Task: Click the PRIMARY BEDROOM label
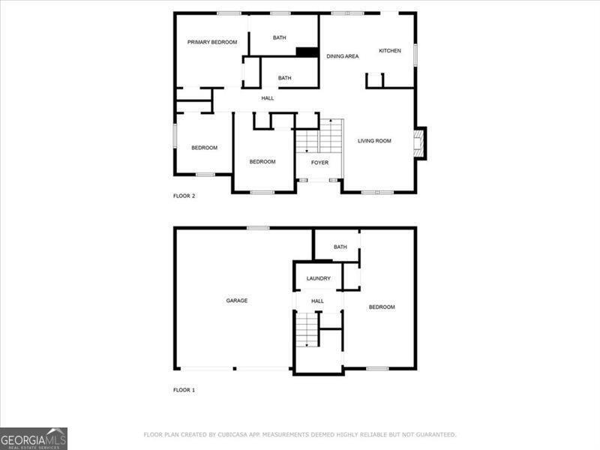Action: (x=212, y=43)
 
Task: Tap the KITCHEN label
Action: (x=389, y=51)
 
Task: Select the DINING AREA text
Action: (x=342, y=56)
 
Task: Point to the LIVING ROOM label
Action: (x=374, y=141)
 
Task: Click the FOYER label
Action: (x=319, y=163)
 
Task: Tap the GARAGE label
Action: (x=237, y=301)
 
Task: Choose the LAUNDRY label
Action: (x=318, y=279)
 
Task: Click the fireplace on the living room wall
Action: (x=419, y=143)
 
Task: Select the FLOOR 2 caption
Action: (x=184, y=196)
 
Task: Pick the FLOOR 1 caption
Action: (x=184, y=390)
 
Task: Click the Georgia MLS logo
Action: (x=34, y=438)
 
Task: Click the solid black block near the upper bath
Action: (x=307, y=52)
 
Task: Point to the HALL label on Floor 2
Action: (x=267, y=98)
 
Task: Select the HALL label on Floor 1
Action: (x=318, y=301)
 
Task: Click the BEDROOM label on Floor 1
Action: (x=381, y=307)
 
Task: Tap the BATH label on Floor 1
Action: (x=340, y=247)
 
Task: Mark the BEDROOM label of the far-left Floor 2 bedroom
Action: (x=204, y=148)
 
